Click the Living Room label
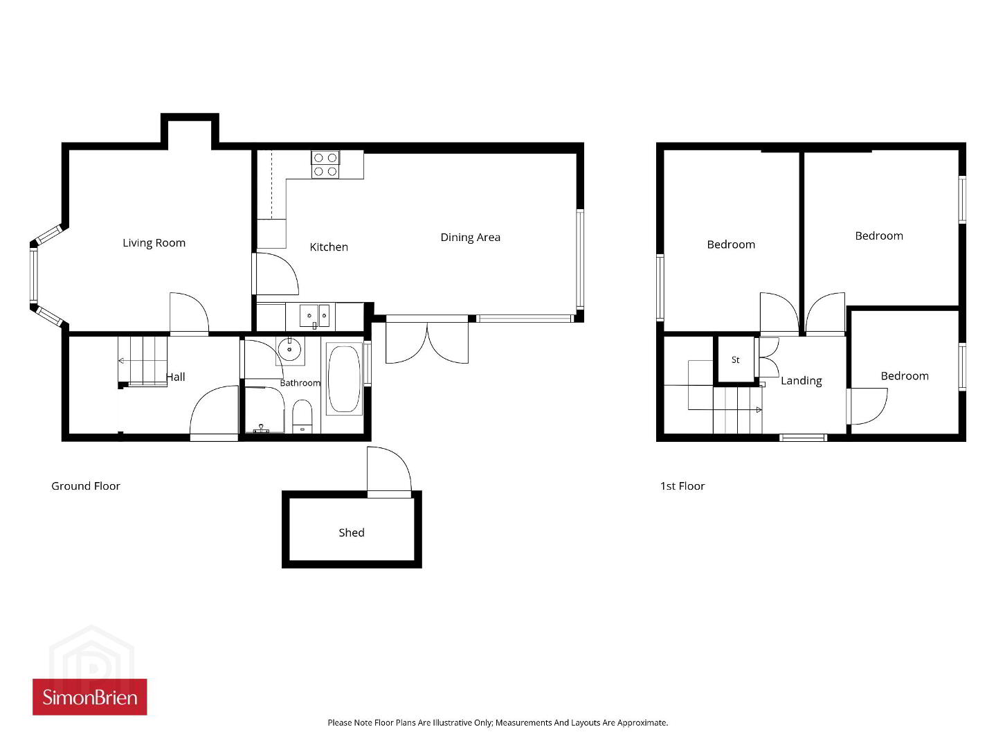tap(154, 243)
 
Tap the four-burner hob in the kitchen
tap(325, 164)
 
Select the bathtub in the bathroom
tap(344, 380)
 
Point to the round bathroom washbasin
tap(289, 349)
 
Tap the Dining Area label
tap(470, 238)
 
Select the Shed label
tap(352, 533)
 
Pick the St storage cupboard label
tap(736, 360)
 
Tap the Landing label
tap(802, 381)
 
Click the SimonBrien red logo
tap(90, 697)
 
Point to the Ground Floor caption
tap(86, 486)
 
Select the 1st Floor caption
tap(682, 486)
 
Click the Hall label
tap(176, 377)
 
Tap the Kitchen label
tap(329, 247)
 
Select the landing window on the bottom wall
tap(803, 438)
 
